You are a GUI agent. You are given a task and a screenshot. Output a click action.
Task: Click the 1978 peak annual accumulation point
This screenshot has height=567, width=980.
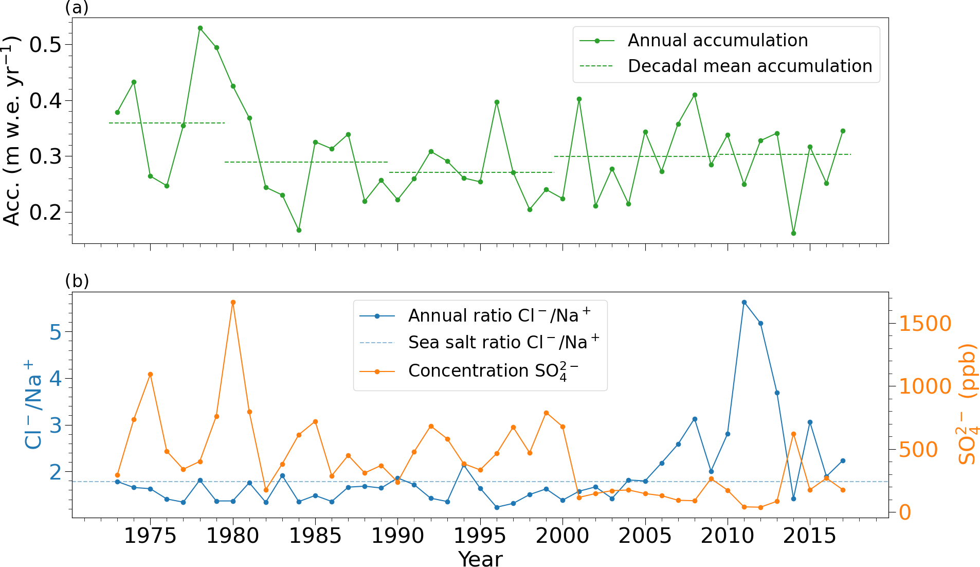click(x=200, y=28)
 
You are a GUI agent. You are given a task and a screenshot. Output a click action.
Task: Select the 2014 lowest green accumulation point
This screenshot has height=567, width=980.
click(x=793, y=233)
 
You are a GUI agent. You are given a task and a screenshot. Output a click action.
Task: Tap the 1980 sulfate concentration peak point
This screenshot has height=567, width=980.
click(x=233, y=302)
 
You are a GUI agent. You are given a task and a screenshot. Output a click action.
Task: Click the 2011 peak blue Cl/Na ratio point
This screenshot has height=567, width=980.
click(x=744, y=302)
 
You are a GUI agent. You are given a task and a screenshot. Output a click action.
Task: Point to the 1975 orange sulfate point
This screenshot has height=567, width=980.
click(x=150, y=374)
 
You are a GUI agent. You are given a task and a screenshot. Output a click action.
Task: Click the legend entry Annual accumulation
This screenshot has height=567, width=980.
click(x=717, y=41)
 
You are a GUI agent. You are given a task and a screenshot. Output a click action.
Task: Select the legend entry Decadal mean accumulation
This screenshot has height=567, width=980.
click(x=750, y=66)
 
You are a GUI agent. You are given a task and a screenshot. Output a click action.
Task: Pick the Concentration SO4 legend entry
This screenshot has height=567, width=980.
click(x=493, y=371)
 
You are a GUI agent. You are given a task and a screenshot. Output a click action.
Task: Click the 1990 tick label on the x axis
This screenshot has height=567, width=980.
click(x=397, y=536)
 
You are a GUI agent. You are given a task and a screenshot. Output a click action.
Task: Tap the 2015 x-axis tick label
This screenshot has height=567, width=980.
click(x=810, y=536)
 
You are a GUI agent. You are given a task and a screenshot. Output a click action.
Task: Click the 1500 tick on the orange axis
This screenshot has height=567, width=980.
click(x=924, y=324)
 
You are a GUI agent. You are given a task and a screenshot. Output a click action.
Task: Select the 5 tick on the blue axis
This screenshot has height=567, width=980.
click(x=55, y=332)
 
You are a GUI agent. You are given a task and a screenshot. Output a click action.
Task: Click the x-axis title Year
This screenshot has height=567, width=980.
click(x=480, y=559)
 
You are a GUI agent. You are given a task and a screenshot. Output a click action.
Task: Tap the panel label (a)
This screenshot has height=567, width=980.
click(x=77, y=8)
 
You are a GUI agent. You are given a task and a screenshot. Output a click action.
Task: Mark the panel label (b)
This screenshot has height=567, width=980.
click(x=77, y=281)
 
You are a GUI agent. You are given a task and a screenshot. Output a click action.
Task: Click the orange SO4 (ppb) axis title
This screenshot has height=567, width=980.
click(x=968, y=404)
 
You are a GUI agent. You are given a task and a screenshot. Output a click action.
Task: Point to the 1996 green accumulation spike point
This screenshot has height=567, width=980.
click(x=497, y=102)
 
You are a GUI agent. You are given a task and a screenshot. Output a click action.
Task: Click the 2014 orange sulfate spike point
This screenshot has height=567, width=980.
click(x=793, y=434)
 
